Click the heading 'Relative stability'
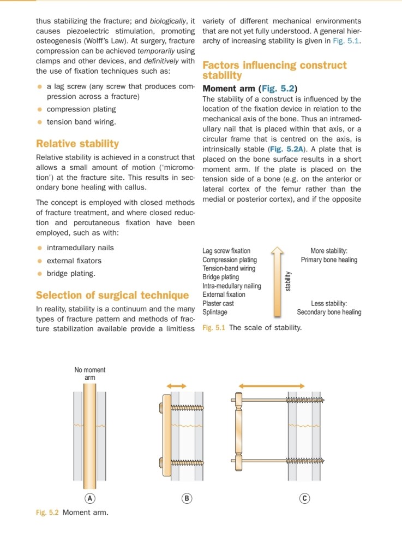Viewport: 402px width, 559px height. point(77,144)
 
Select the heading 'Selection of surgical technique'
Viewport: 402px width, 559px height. point(112,296)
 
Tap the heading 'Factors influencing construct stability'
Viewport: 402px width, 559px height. point(274,70)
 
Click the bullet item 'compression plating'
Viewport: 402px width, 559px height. point(81,109)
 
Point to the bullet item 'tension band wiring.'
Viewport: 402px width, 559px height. point(81,122)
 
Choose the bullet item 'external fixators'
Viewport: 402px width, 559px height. point(74,261)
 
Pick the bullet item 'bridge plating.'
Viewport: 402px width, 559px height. point(71,273)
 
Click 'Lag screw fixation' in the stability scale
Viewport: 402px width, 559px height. point(226,251)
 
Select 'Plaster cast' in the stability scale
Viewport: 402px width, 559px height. point(218,303)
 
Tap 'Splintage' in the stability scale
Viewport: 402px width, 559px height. point(215,312)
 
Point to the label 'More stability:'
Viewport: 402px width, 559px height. point(329,251)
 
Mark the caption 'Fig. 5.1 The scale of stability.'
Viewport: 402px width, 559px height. point(251,328)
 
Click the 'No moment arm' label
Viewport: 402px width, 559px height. point(90,374)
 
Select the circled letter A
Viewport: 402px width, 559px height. point(90,498)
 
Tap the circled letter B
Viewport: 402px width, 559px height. point(187,498)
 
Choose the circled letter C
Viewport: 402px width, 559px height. point(304,498)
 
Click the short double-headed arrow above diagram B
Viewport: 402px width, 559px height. point(176,386)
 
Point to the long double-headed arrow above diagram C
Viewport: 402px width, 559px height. point(279,386)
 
